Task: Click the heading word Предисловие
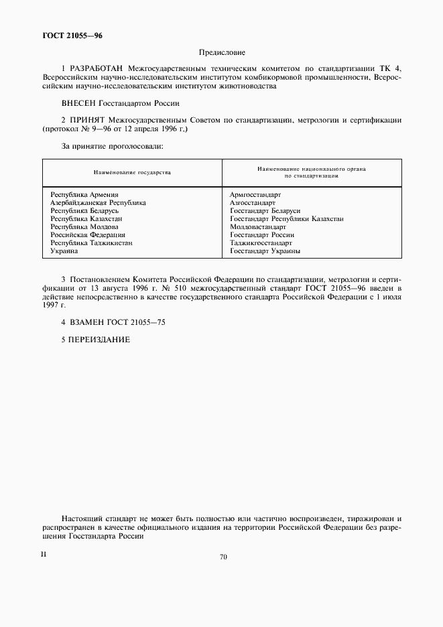[x=222, y=52]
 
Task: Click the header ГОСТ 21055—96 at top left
[x=72, y=36]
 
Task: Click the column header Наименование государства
[x=132, y=172]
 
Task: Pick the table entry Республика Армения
[x=84, y=195]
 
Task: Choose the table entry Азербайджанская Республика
[x=99, y=202]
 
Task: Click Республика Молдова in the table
[x=84, y=227]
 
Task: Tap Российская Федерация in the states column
[x=88, y=235]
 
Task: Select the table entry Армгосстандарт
[x=255, y=195]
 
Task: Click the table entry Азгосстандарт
[x=252, y=202]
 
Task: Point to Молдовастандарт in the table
[x=258, y=227]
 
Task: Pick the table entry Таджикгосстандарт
[x=261, y=243]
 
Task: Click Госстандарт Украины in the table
[x=265, y=251]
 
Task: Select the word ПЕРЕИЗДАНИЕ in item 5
[x=100, y=340]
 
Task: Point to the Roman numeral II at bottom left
[x=44, y=554]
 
